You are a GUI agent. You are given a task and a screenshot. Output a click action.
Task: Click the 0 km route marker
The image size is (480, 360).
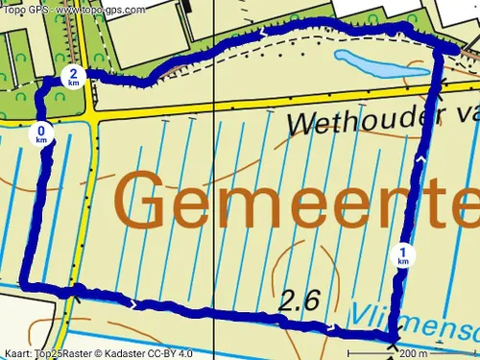41,134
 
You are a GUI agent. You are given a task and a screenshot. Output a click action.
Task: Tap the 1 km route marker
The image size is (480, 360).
403,256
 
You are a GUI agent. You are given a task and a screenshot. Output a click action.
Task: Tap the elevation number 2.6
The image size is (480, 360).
299,300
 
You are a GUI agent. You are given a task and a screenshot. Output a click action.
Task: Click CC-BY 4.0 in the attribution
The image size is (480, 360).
179,352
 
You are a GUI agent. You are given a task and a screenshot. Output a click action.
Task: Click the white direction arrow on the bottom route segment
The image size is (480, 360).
331,327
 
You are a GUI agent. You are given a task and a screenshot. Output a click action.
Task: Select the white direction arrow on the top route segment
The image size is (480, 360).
264,32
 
